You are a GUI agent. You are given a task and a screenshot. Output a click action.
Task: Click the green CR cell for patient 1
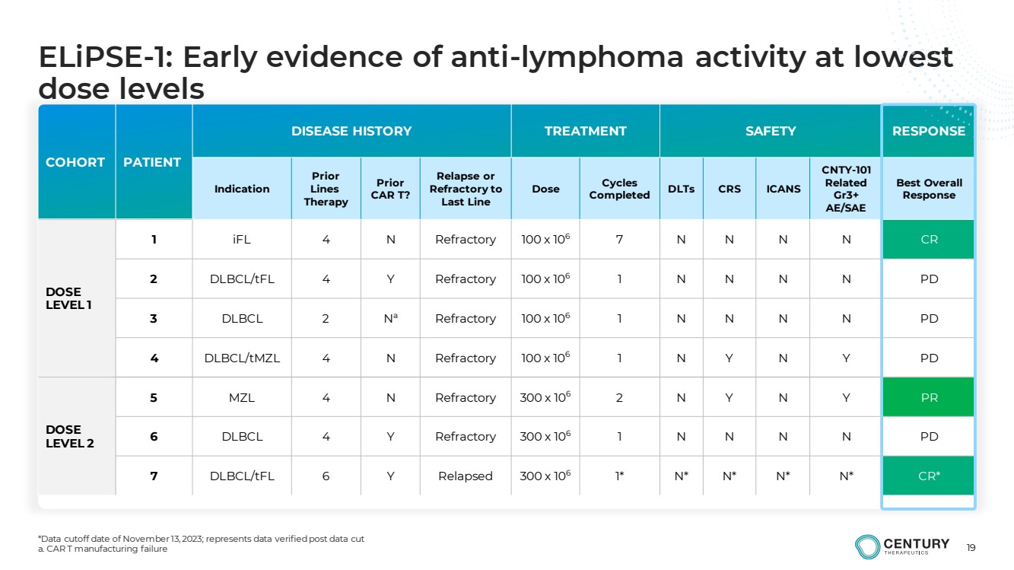(929, 239)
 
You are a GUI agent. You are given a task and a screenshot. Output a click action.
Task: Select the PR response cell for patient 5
(929, 397)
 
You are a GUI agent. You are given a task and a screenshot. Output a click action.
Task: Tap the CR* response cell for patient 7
(929, 476)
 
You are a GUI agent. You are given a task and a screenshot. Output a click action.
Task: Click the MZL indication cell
(242, 397)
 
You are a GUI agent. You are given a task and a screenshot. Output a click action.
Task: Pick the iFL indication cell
(242, 239)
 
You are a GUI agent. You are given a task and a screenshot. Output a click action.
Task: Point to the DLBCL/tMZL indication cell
(242, 358)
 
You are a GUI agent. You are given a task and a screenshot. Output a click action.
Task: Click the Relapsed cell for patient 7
(466, 476)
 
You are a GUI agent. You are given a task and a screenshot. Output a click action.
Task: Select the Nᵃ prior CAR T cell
(391, 318)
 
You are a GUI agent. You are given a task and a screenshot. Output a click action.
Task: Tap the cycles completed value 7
(619, 239)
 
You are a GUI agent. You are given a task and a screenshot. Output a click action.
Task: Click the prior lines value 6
(326, 476)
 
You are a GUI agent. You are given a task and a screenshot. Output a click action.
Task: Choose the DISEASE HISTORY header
(351, 131)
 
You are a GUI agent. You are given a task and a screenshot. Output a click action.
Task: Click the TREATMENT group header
(585, 131)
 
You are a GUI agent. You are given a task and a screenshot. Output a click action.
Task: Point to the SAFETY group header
(771, 131)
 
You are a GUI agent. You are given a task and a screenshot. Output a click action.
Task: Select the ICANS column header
(784, 189)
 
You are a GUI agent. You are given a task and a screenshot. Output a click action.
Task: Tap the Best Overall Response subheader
(929, 189)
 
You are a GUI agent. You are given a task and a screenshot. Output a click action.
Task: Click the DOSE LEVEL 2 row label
(70, 436)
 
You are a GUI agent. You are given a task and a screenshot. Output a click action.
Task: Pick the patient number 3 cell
(154, 318)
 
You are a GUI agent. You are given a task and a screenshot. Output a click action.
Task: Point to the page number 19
(971, 548)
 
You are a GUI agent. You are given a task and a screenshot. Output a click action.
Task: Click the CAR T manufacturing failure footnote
(103, 549)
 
